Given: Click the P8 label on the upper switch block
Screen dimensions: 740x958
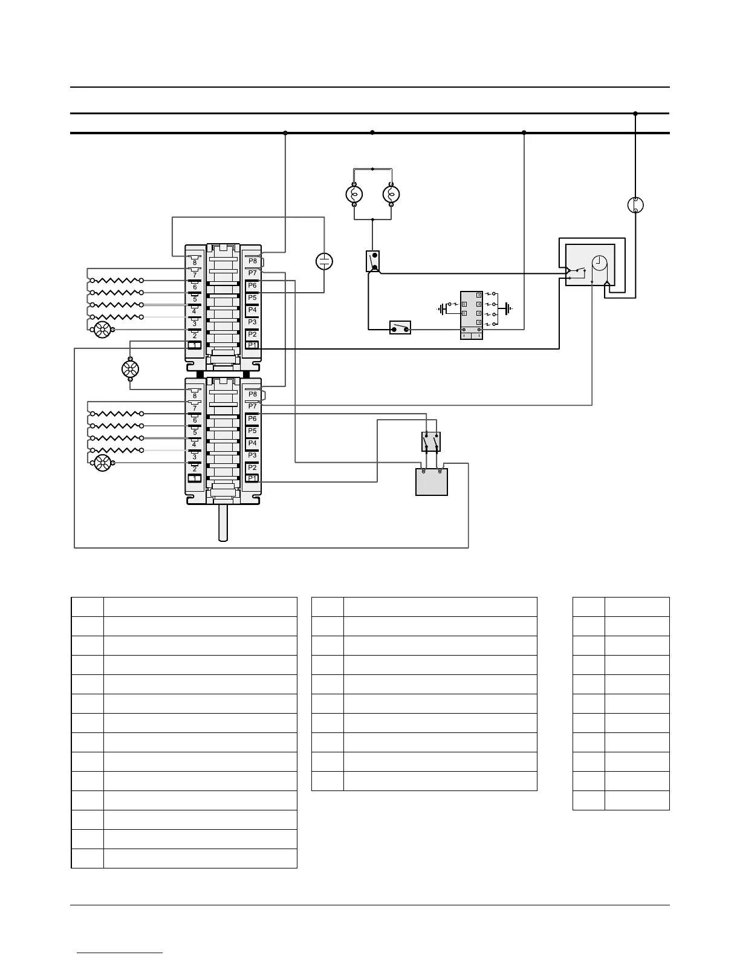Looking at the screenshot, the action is [x=253, y=261].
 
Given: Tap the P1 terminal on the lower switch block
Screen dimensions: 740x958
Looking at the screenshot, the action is [x=253, y=478].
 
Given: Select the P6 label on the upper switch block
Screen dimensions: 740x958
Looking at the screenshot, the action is [x=252, y=285].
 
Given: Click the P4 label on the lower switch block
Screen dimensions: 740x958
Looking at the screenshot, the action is [x=252, y=443].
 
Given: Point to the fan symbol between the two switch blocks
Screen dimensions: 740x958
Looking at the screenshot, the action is [x=131, y=369].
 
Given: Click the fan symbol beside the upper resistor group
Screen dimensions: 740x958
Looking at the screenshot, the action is [x=103, y=330].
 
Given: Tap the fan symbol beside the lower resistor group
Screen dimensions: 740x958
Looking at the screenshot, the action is [x=103, y=463].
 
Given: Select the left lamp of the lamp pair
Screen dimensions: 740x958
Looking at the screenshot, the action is [x=354, y=194].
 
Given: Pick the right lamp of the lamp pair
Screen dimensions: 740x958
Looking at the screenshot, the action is [x=391, y=194].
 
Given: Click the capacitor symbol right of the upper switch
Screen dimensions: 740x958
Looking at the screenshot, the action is [x=325, y=261].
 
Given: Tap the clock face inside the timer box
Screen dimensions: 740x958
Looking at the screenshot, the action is [x=600, y=263].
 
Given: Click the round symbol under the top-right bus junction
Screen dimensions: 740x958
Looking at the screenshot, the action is [x=635, y=205].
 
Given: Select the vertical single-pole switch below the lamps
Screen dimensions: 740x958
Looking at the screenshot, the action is [x=373, y=261].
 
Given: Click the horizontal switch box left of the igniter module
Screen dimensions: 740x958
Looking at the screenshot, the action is [x=400, y=328].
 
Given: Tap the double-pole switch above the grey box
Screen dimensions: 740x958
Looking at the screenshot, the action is [x=430, y=442].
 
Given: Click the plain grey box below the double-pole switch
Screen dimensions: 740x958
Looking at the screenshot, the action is [x=432, y=483].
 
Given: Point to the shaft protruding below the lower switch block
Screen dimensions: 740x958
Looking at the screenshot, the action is [x=223, y=522].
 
